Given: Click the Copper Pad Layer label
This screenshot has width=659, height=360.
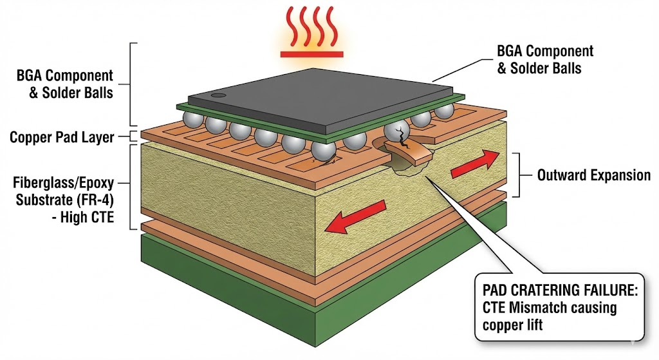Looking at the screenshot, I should coord(62,137).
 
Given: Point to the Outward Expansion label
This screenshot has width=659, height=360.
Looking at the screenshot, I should coord(593,175).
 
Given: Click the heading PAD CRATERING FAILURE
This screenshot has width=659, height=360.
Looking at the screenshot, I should coord(556,290).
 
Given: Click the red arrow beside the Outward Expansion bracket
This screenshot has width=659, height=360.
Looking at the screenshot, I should coord(475,165).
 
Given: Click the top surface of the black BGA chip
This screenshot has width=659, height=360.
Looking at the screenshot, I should coord(322,97).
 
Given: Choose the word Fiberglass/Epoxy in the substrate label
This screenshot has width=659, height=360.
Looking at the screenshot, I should coord(62,183).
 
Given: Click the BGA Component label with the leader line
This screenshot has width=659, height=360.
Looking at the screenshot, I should coord(545,59).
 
